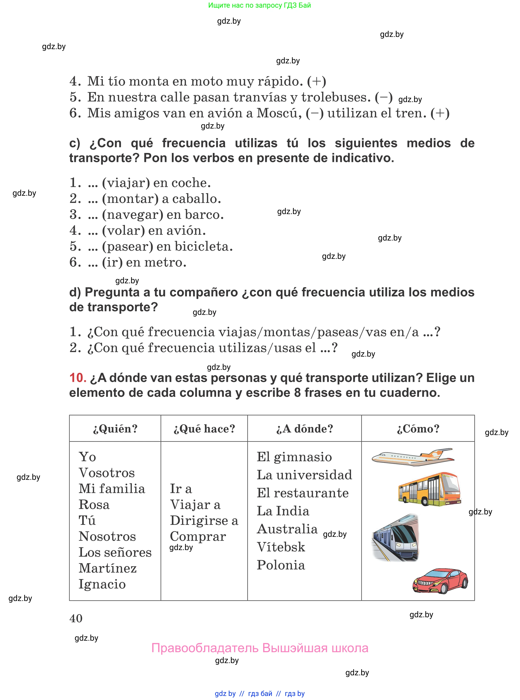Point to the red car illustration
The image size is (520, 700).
point(440,581)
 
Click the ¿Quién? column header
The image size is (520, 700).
point(115,429)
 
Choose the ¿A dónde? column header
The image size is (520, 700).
point(304,429)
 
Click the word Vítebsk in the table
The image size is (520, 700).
point(281,547)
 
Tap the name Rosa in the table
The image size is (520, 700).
point(94,505)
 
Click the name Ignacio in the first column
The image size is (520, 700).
point(102,584)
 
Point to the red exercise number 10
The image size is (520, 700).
point(78,378)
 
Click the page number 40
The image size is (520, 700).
point(76,619)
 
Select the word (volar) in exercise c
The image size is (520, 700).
point(123,231)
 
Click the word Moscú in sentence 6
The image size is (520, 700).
point(277,113)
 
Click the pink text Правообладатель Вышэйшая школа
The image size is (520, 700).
point(260,648)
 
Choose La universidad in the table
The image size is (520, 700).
point(304,475)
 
